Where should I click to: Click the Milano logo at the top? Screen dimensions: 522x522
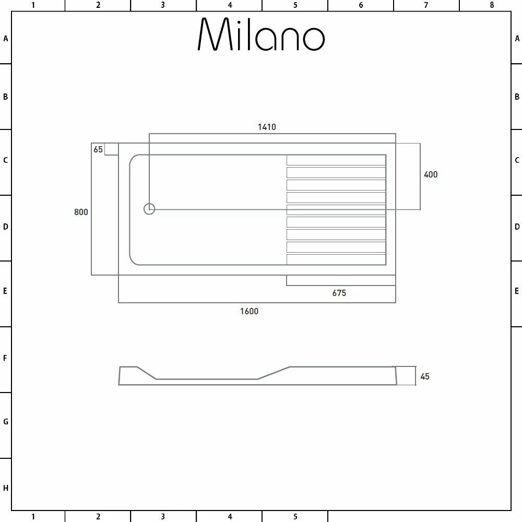(x=261, y=35)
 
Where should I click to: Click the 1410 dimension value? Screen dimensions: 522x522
(x=267, y=127)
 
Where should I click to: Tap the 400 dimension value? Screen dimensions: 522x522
(x=431, y=174)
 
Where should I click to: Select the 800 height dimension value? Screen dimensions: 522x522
(x=81, y=212)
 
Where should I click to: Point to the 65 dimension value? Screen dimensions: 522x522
(x=98, y=149)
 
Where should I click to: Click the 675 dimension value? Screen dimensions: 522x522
(x=339, y=293)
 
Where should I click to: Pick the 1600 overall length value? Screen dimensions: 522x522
(x=249, y=311)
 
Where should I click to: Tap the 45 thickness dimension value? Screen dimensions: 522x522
(x=425, y=376)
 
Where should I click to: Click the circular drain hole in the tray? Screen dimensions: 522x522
(x=149, y=209)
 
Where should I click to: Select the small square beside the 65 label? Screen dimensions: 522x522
(x=112, y=149)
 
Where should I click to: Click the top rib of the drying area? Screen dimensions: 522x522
(x=336, y=160)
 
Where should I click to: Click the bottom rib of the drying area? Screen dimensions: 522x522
(x=336, y=259)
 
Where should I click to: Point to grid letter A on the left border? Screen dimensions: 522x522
(x=6, y=38)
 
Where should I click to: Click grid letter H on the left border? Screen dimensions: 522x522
(x=6, y=488)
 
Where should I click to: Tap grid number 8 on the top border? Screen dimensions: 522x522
(x=492, y=5)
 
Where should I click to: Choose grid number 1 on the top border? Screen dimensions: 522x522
(x=33, y=5)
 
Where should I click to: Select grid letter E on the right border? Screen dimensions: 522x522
(x=517, y=291)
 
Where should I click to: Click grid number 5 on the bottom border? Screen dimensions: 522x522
(x=295, y=517)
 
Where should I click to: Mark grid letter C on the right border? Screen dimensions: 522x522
(x=517, y=160)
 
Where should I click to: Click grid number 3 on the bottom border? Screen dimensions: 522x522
(x=163, y=517)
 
